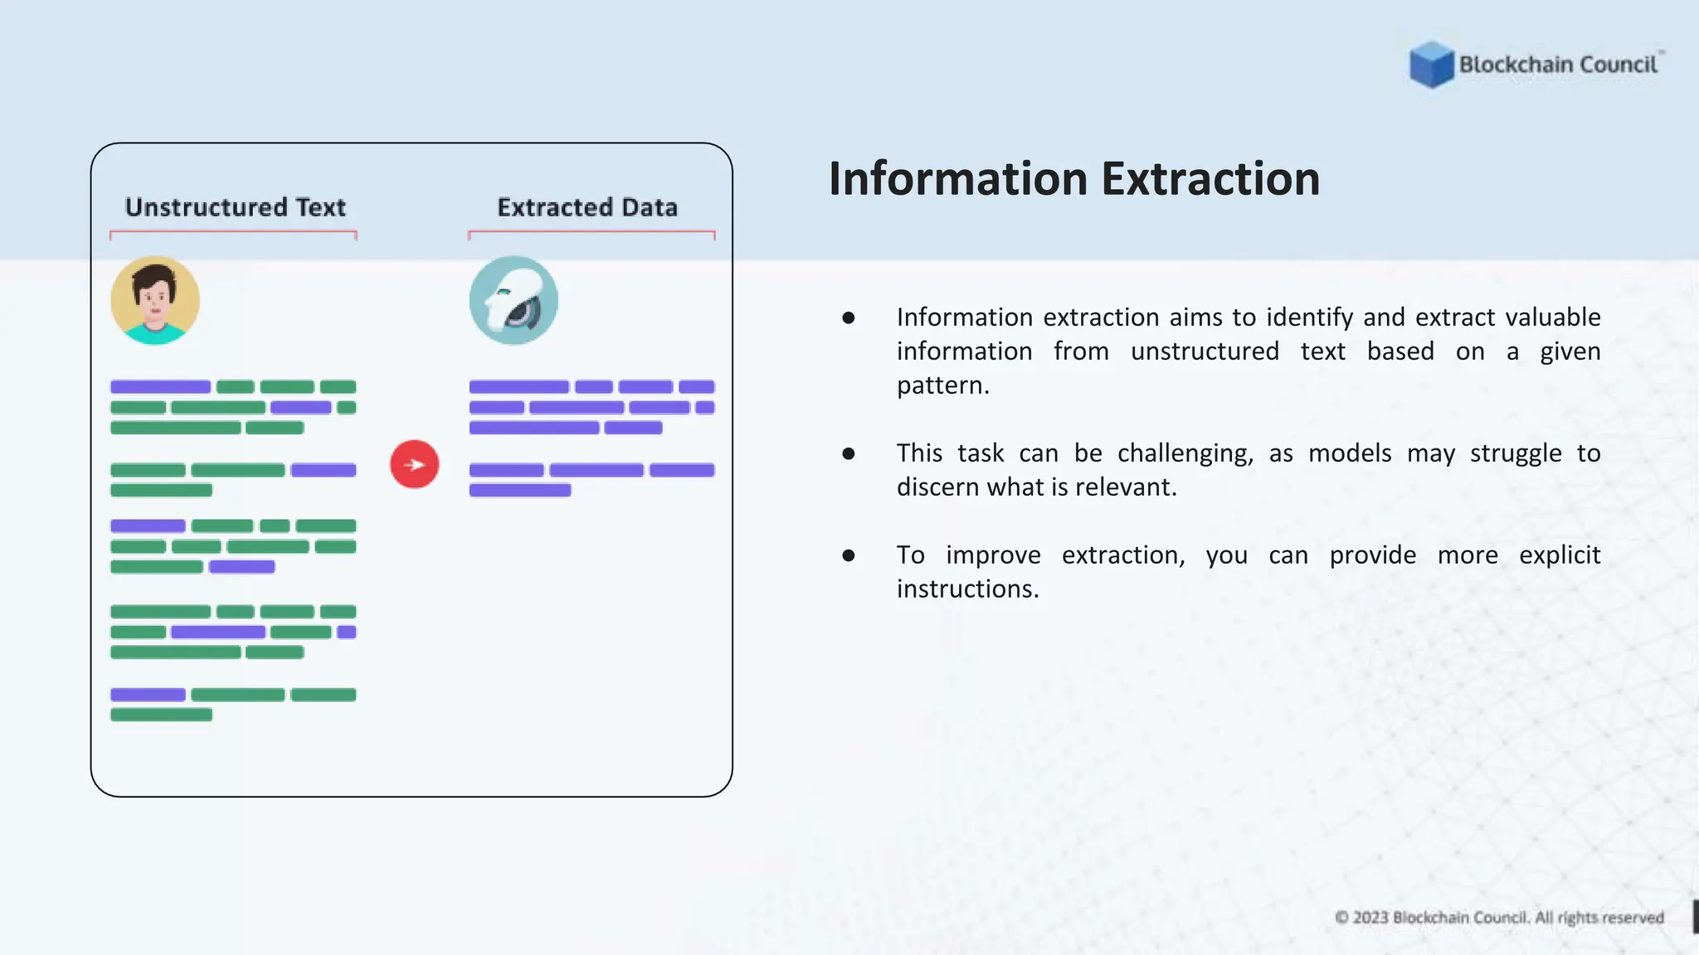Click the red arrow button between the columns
414,464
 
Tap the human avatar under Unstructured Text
155,300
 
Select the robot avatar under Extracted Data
514,300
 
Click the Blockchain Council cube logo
1431,65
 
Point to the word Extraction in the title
1210,179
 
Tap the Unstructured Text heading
235,207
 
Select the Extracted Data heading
587,207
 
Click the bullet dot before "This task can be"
848,453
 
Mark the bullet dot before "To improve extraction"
848,555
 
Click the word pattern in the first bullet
942,385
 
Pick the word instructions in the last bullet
966,589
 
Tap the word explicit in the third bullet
1559,555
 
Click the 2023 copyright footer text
1499,918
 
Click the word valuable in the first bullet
1553,318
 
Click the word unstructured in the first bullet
1204,351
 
